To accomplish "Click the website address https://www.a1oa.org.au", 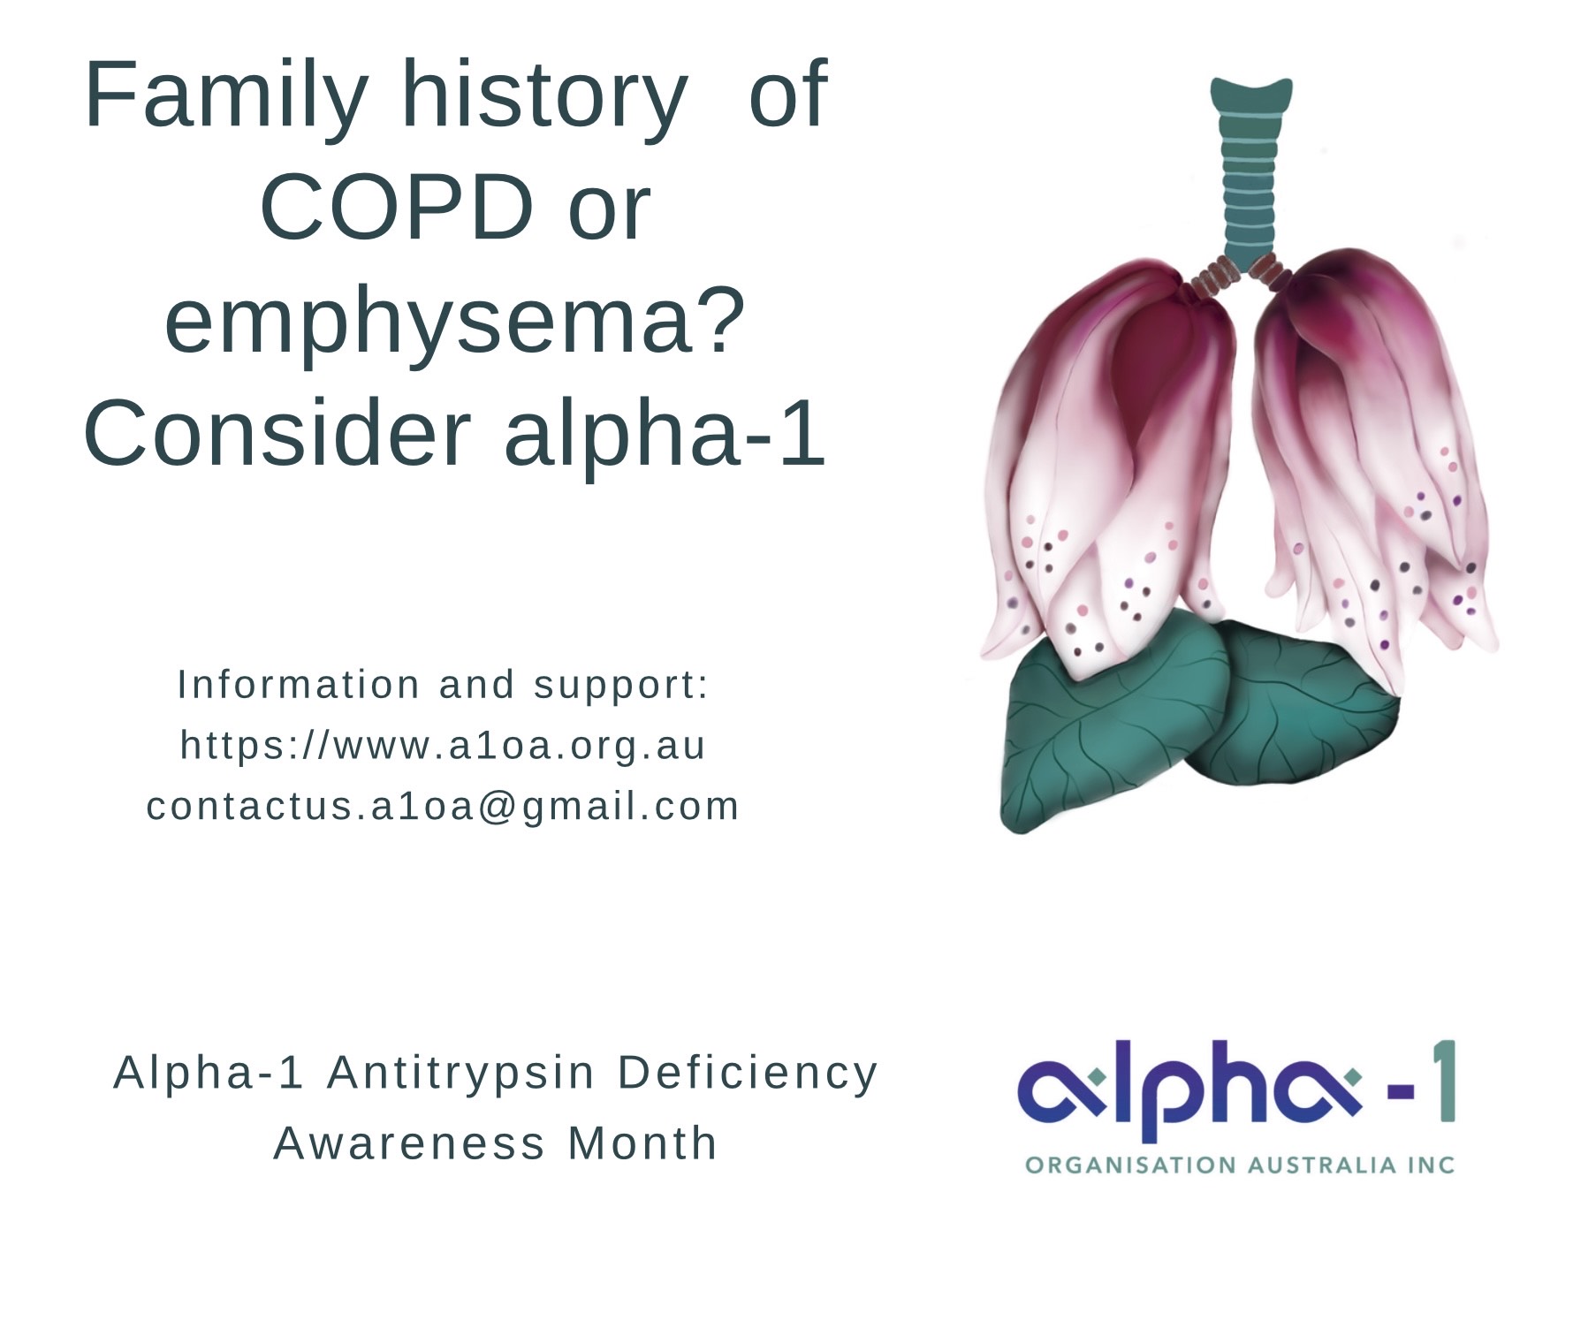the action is click(x=443, y=745).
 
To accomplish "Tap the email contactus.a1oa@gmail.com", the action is click(x=443, y=806).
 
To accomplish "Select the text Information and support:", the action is click(x=443, y=685).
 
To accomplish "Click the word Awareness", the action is click(x=409, y=1143).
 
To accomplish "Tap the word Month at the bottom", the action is click(x=642, y=1143).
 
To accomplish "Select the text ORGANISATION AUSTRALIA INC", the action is click(x=1240, y=1165).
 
